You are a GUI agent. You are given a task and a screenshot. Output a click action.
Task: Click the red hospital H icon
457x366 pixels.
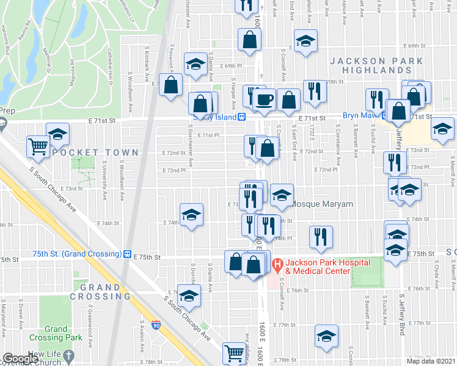coord(277,265)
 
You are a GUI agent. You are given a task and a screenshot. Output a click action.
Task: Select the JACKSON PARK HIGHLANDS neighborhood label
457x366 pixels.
coord(376,66)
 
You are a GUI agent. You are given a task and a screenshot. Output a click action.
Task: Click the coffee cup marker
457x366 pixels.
coord(264,99)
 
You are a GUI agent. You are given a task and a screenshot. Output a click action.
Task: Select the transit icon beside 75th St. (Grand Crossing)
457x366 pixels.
coord(127,254)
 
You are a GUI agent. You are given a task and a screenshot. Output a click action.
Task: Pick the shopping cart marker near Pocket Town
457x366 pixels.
coord(38,146)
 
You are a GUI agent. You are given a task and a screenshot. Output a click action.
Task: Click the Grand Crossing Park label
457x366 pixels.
coord(56,333)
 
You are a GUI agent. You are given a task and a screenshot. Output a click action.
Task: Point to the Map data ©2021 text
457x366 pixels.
coord(431,361)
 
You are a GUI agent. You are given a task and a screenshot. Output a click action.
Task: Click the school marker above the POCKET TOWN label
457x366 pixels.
coord(57,134)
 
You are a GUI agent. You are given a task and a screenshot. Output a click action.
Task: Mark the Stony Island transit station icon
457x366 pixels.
coord(242,117)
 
